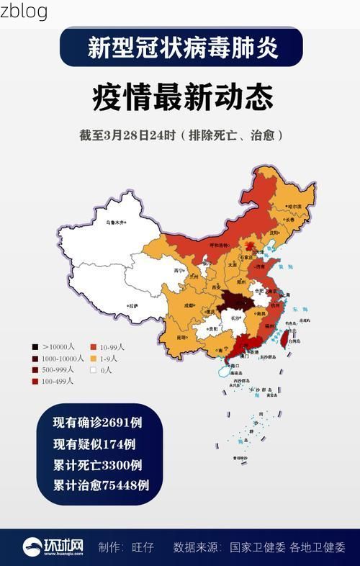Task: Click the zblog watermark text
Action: point(24,11)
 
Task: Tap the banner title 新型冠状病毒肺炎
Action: point(182,48)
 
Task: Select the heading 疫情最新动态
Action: point(182,98)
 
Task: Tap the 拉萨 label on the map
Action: point(132,305)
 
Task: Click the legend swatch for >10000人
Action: point(35,346)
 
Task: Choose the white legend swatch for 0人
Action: point(94,370)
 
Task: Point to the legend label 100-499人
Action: point(58,381)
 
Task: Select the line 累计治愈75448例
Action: point(101,485)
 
